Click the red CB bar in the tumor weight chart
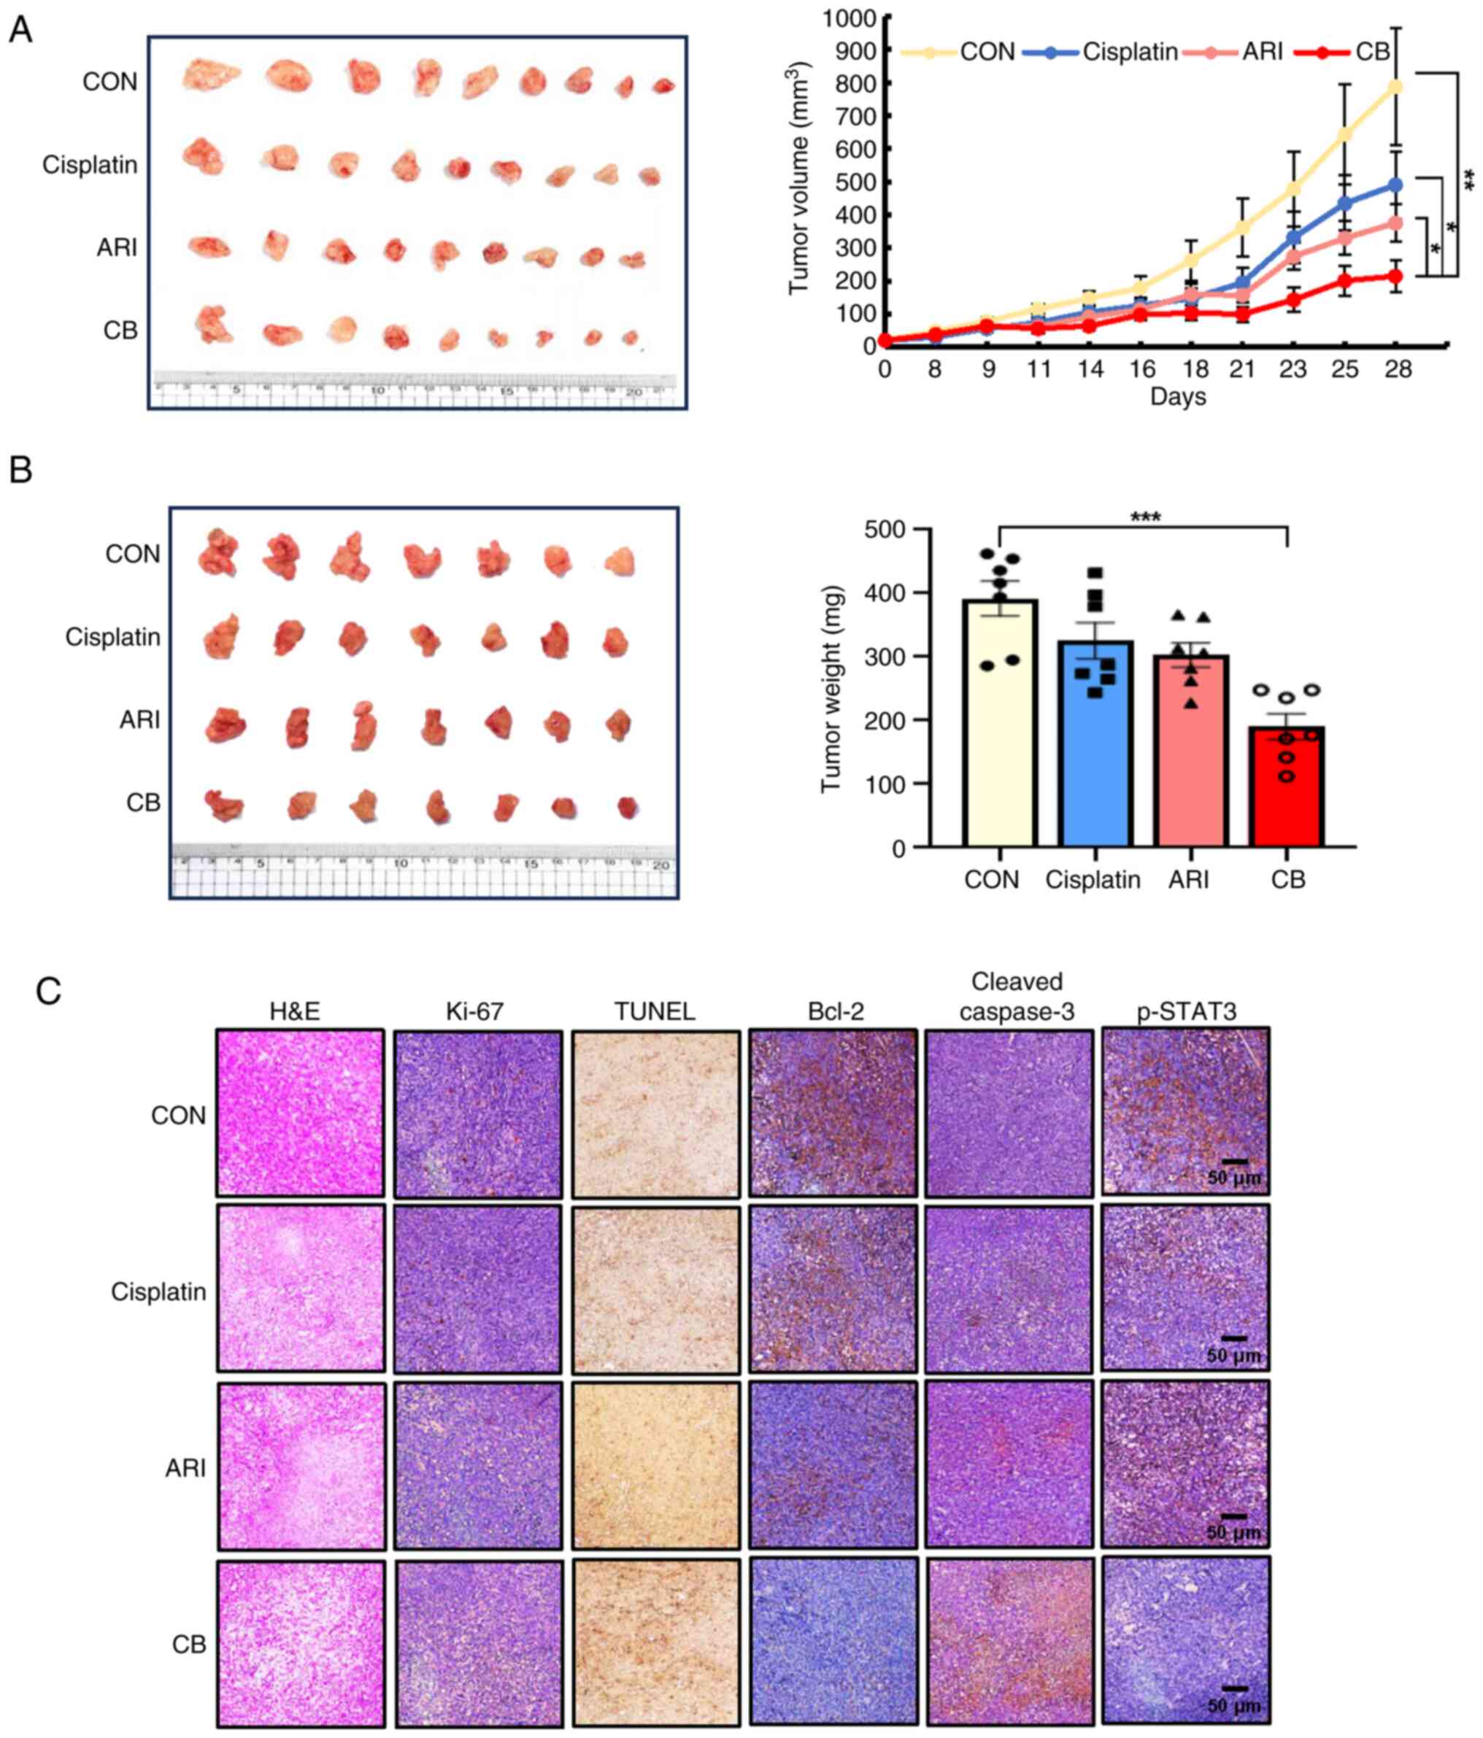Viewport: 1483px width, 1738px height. [1286, 789]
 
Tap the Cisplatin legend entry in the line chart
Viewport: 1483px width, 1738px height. [1129, 52]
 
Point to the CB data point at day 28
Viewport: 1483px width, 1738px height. [1395, 276]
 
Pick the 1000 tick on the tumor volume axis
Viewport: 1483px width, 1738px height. [849, 18]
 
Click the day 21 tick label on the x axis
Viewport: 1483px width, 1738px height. [1241, 369]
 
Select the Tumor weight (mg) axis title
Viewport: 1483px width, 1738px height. [831, 688]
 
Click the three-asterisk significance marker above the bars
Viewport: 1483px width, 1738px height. [1145, 517]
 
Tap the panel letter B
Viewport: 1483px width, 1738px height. [20, 470]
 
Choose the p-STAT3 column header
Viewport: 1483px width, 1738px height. [1186, 1011]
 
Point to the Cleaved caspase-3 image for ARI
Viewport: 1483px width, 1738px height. [1009, 1464]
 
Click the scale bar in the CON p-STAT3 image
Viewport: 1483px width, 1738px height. [1234, 1162]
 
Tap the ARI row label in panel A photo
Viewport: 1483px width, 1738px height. [117, 247]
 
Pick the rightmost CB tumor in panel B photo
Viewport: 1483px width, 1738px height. [628, 807]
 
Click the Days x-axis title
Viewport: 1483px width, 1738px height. [1178, 397]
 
